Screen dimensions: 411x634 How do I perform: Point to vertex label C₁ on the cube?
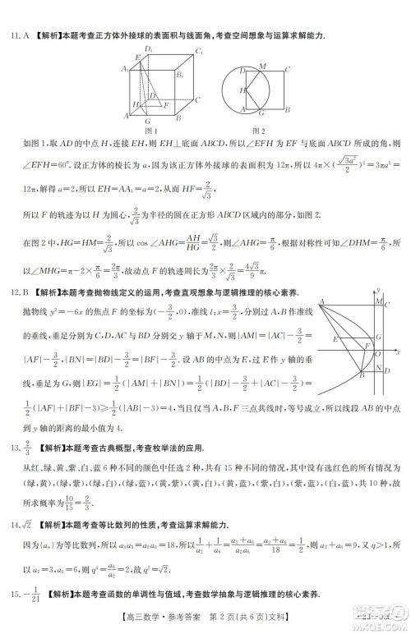pyautogui.click(x=198, y=53)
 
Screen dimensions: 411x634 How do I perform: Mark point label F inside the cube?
pyautogui.click(x=167, y=104)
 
